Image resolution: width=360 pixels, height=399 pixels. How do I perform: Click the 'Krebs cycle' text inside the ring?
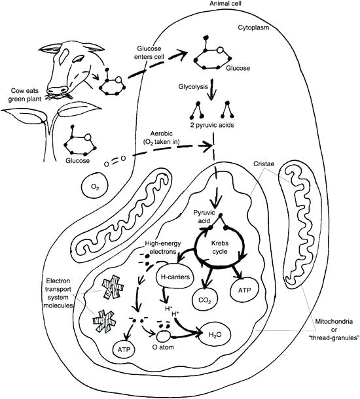click(x=220, y=246)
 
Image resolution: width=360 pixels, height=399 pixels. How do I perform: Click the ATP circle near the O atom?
click(x=126, y=349)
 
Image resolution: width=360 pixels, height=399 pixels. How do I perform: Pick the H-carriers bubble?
click(x=176, y=277)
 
